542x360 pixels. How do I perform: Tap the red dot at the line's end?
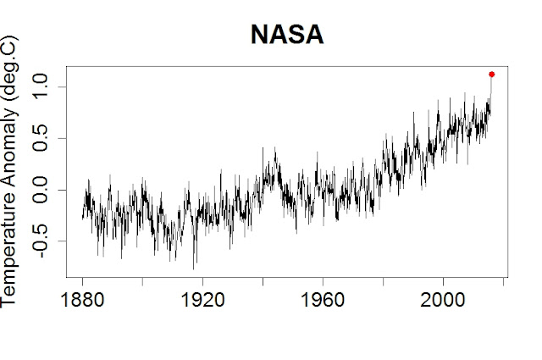point(491,75)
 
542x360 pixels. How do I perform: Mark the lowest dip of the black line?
point(194,269)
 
